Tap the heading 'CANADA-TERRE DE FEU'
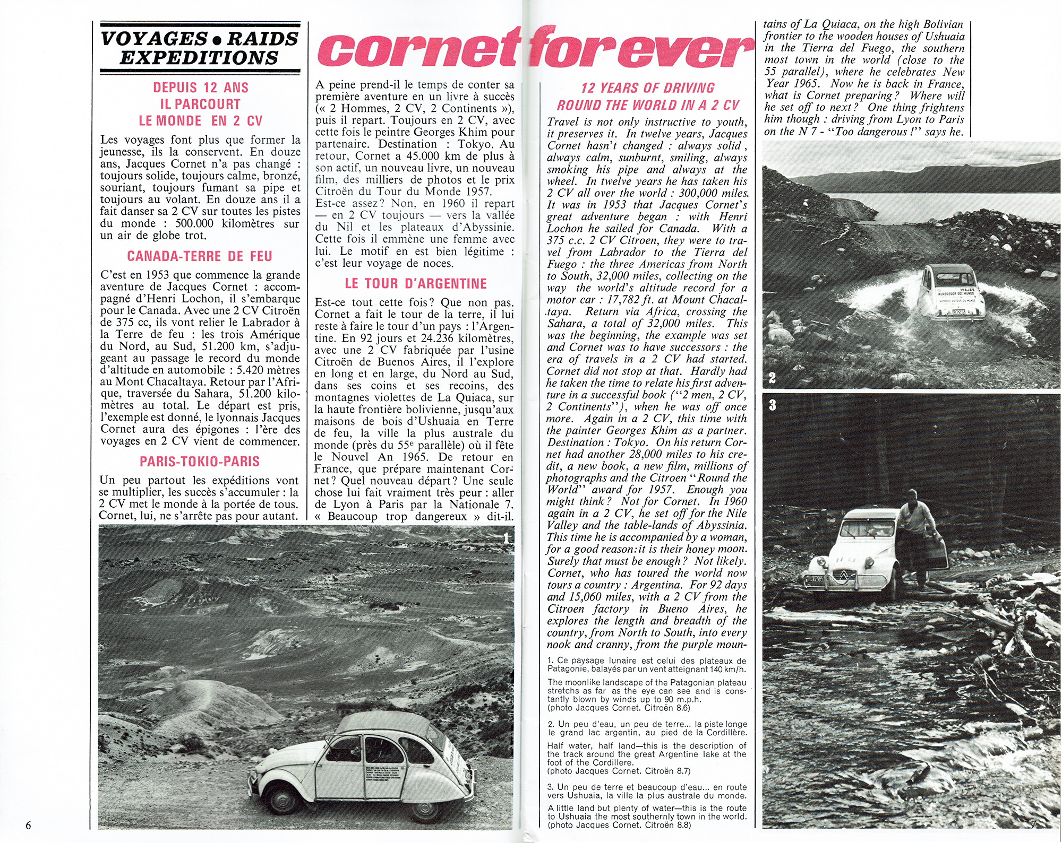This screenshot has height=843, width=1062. coord(200,257)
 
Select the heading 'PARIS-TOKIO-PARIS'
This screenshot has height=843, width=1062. coord(200,462)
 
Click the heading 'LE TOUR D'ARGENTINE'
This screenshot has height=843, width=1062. coord(415,284)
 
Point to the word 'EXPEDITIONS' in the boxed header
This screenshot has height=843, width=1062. coord(199,58)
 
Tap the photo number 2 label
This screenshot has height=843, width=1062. coord(772,378)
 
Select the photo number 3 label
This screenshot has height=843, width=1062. coord(772,405)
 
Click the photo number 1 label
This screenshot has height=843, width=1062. coord(506,538)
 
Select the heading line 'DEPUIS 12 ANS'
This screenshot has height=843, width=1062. coord(201,88)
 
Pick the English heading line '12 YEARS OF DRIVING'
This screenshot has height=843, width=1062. coord(647,88)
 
